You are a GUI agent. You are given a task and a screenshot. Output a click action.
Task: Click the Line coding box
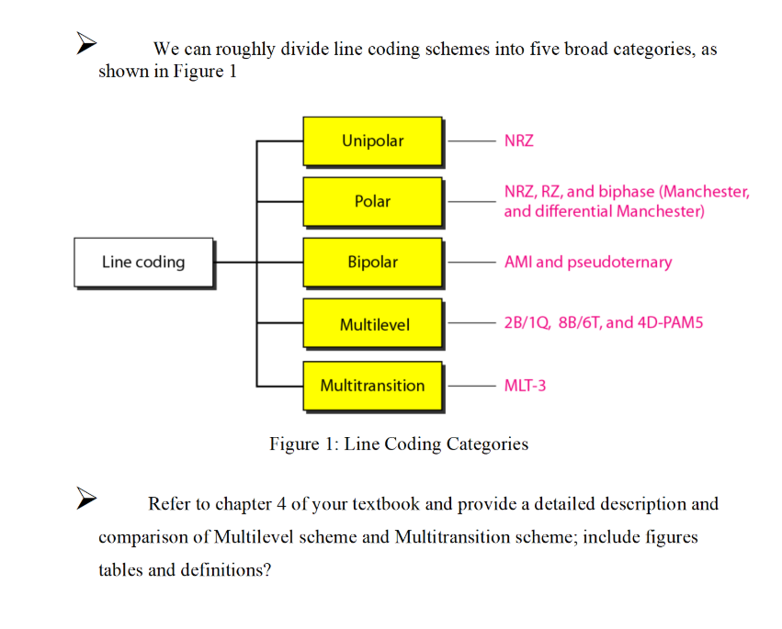[143, 263]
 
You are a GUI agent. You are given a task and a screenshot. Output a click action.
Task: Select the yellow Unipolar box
[372, 141]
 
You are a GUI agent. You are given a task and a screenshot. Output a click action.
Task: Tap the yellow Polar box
[372, 201]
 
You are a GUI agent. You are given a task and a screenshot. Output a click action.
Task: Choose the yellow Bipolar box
[372, 263]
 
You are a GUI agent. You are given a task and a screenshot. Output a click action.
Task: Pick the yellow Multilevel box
[372, 324]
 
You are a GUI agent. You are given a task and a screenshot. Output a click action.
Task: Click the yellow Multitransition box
[372, 386]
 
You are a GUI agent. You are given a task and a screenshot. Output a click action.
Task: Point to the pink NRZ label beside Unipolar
[518, 141]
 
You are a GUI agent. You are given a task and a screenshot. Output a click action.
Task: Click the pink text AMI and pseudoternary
[588, 263]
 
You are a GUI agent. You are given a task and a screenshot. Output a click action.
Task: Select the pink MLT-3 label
[525, 386]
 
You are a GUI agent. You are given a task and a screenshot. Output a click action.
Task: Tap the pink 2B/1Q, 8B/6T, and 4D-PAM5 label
[603, 323]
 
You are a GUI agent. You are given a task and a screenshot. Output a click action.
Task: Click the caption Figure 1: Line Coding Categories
[399, 444]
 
